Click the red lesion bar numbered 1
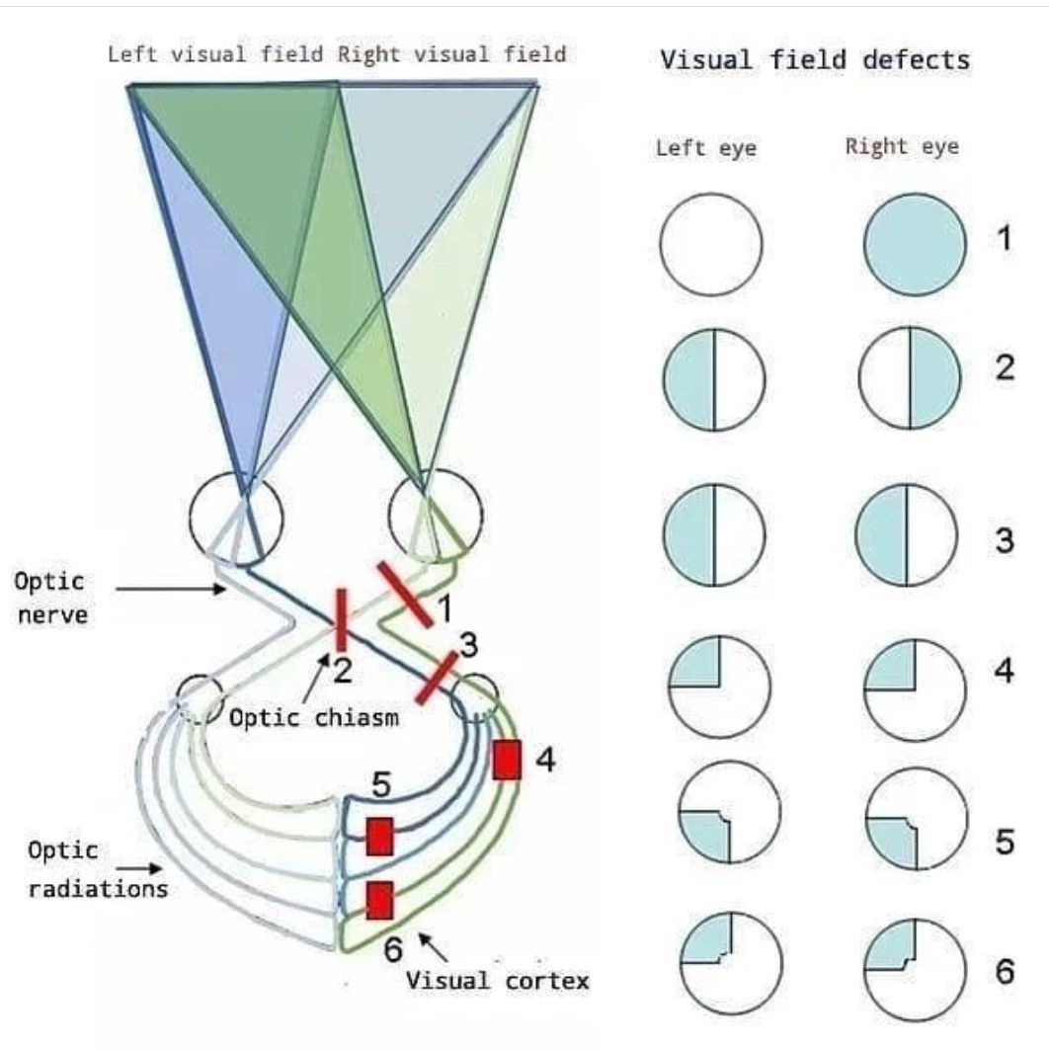tap(403, 593)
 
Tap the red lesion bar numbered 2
tap(340, 619)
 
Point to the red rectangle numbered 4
tap(507, 759)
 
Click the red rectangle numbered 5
tap(380, 836)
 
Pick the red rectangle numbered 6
tap(380, 900)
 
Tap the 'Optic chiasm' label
tap(314, 717)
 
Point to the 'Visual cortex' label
tap(498, 981)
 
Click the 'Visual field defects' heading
tap(815, 59)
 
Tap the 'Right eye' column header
tap(902, 147)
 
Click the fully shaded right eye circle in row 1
tap(914, 244)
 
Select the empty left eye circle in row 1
tap(711, 244)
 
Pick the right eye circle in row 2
tap(910, 379)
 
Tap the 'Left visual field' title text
tap(215, 53)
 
